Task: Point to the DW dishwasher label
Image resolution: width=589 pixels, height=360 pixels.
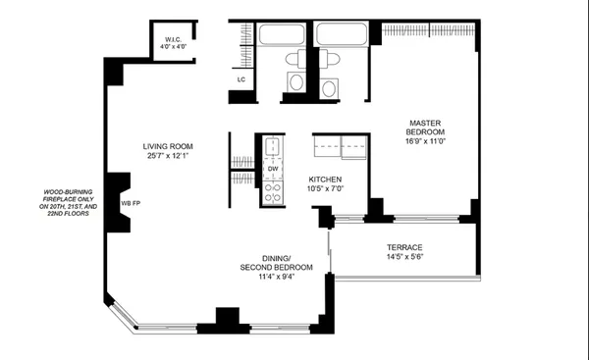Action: (272, 168)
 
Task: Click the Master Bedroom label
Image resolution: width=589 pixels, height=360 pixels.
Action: (426, 128)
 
